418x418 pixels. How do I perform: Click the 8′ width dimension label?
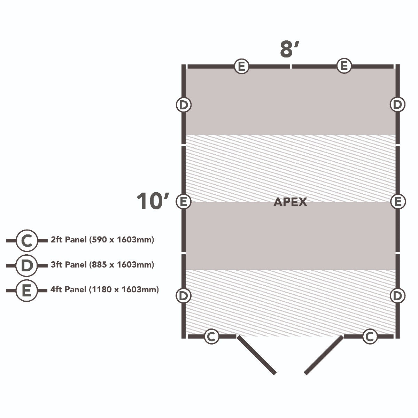point(289,49)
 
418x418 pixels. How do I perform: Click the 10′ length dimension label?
point(153,201)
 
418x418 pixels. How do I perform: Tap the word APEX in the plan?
point(290,202)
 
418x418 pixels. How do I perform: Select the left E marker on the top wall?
point(241,66)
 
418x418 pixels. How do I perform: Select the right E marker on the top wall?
point(344,66)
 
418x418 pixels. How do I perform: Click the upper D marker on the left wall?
point(184,104)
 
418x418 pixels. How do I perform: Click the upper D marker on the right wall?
point(397,104)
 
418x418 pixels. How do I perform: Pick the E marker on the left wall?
point(184,201)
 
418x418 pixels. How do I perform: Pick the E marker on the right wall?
point(397,201)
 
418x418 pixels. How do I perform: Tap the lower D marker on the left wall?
point(184,296)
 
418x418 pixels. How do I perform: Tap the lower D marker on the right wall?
point(397,296)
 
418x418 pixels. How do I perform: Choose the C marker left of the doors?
point(211,336)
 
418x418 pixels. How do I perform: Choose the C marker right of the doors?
point(370,336)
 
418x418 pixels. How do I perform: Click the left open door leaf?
point(257,355)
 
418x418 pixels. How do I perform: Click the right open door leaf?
point(324,355)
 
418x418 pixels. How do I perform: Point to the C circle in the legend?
point(27,240)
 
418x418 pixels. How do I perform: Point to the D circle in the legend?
point(27,265)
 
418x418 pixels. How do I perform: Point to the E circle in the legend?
point(27,290)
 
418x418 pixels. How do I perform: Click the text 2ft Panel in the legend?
point(69,240)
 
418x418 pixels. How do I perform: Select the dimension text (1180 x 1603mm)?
point(124,289)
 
